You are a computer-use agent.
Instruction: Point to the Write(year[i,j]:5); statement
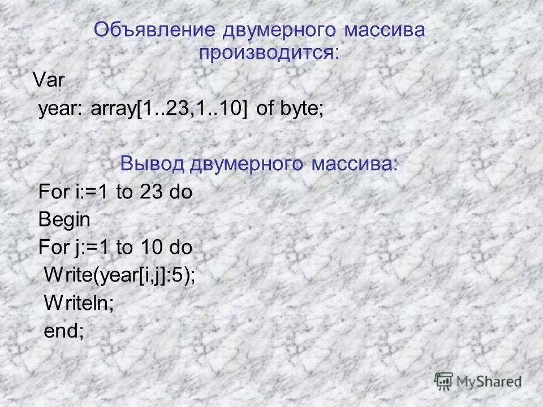coord(120,275)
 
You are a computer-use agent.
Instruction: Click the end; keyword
coord(64,331)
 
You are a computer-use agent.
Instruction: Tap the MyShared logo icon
coord(445,380)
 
